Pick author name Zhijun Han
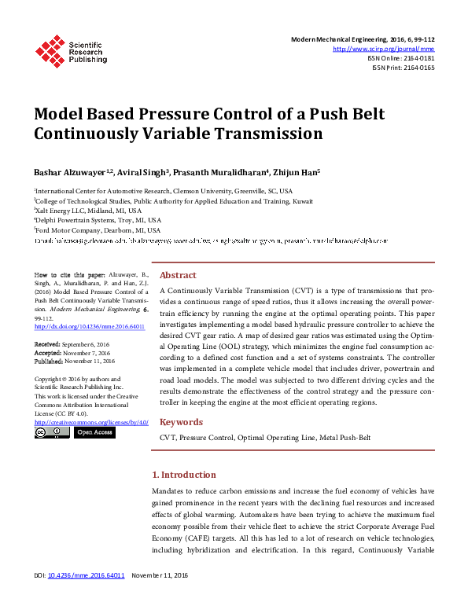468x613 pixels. pos(294,172)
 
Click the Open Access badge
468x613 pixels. pos(94,432)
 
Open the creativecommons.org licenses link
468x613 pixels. pos(91,422)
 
